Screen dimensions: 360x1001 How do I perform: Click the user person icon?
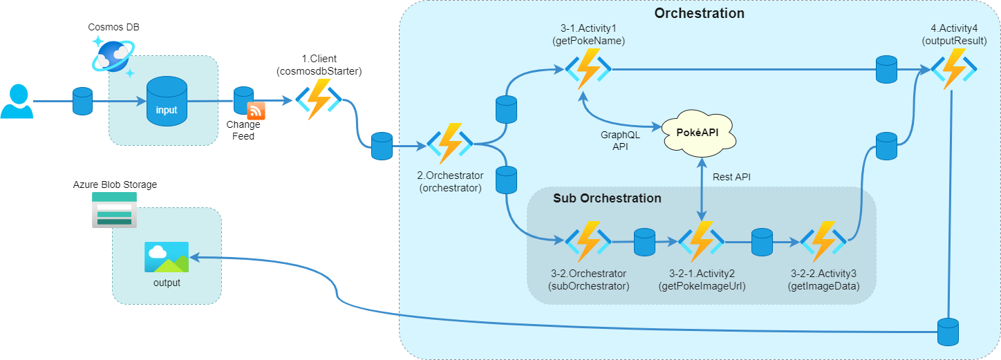click(x=17, y=102)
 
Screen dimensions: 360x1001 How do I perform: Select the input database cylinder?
click(x=166, y=102)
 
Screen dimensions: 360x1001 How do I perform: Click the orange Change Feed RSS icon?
click(x=256, y=111)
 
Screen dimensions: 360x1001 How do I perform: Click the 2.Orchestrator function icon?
click(x=449, y=144)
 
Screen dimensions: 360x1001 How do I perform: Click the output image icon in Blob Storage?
click(x=167, y=257)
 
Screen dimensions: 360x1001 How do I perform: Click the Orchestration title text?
click(x=699, y=13)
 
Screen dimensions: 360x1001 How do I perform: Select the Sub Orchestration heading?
click(x=607, y=198)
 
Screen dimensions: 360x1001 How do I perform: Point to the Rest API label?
click(x=731, y=177)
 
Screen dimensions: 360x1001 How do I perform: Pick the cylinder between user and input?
click(x=82, y=101)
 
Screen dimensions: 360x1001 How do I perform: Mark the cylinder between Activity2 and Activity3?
click(x=761, y=242)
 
